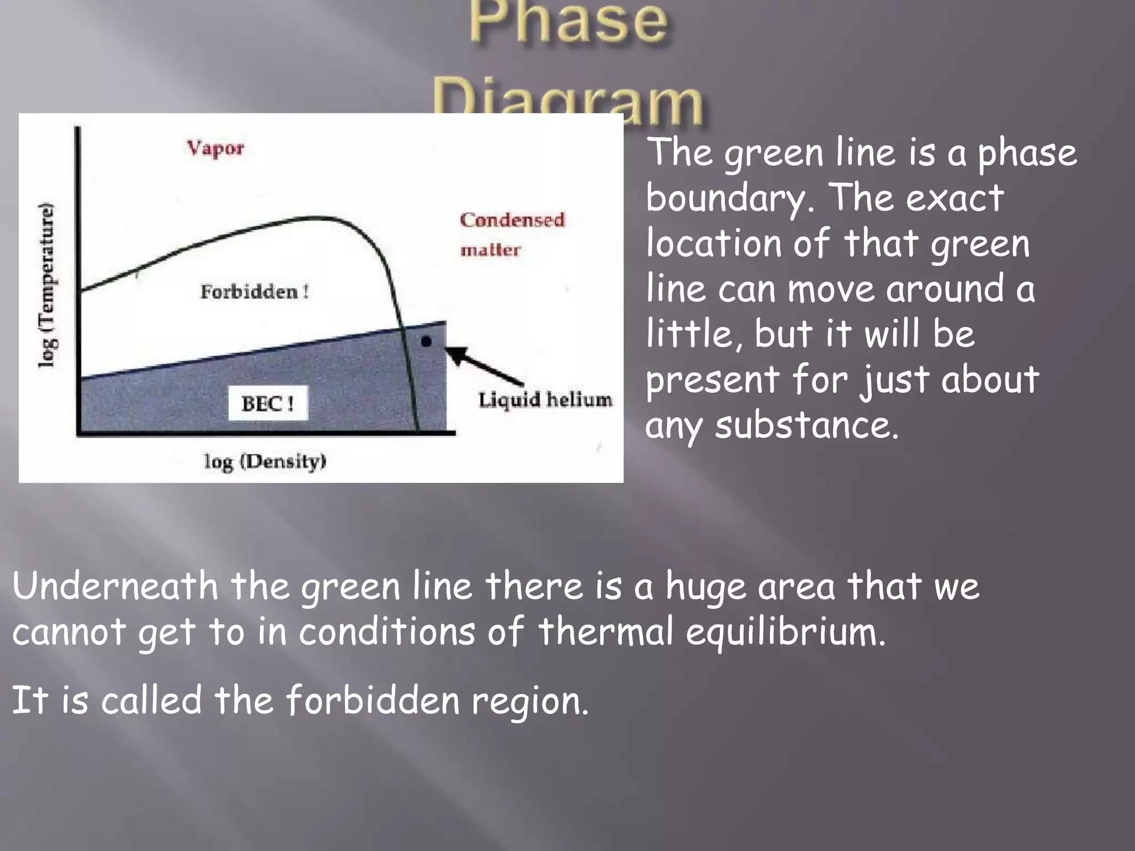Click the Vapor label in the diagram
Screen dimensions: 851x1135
click(215, 148)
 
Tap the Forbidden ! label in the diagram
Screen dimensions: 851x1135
click(254, 292)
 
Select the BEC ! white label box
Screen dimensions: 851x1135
click(268, 403)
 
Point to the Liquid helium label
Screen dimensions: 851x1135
click(545, 400)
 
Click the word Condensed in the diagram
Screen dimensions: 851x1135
click(512, 220)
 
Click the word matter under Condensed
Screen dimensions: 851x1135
click(490, 250)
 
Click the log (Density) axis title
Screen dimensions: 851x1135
click(265, 462)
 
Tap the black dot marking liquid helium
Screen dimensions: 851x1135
click(426, 342)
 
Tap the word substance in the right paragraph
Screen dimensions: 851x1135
click(806, 425)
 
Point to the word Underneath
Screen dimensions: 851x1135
click(115, 586)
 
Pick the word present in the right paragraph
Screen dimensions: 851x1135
click(712, 381)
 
